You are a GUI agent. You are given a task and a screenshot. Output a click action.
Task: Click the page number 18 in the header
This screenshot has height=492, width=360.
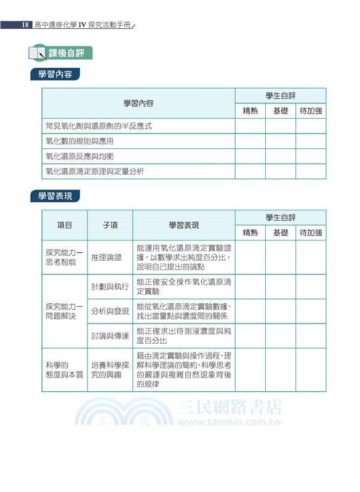pyautogui.click(x=25, y=25)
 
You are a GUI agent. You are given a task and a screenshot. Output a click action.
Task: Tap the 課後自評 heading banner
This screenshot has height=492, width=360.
pyautogui.click(x=70, y=53)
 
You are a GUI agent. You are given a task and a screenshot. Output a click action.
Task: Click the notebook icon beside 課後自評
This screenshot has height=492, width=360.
pyautogui.click(x=38, y=53)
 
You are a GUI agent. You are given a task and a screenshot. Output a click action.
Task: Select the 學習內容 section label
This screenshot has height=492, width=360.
pyautogui.click(x=55, y=75)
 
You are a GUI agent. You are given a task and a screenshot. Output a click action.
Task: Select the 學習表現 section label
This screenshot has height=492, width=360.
pyautogui.click(x=55, y=197)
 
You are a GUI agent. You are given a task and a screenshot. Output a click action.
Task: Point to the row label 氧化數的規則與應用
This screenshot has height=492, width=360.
pyautogui.click(x=79, y=141)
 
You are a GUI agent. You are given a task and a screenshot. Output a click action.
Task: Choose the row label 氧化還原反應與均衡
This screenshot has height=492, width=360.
pyautogui.click(x=79, y=156)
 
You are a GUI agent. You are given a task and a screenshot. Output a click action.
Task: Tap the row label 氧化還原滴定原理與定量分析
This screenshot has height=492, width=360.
pyautogui.click(x=95, y=172)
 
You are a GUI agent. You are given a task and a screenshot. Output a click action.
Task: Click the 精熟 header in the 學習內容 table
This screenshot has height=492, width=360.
pyautogui.click(x=250, y=111)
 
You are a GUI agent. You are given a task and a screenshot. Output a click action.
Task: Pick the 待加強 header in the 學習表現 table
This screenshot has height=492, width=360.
pyautogui.click(x=311, y=233)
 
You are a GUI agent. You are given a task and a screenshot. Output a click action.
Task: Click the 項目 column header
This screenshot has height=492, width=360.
pyautogui.click(x=65, y=226)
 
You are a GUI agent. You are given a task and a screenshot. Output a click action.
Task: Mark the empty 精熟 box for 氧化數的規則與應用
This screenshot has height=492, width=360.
pyautogui.click(x=250, y=141)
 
